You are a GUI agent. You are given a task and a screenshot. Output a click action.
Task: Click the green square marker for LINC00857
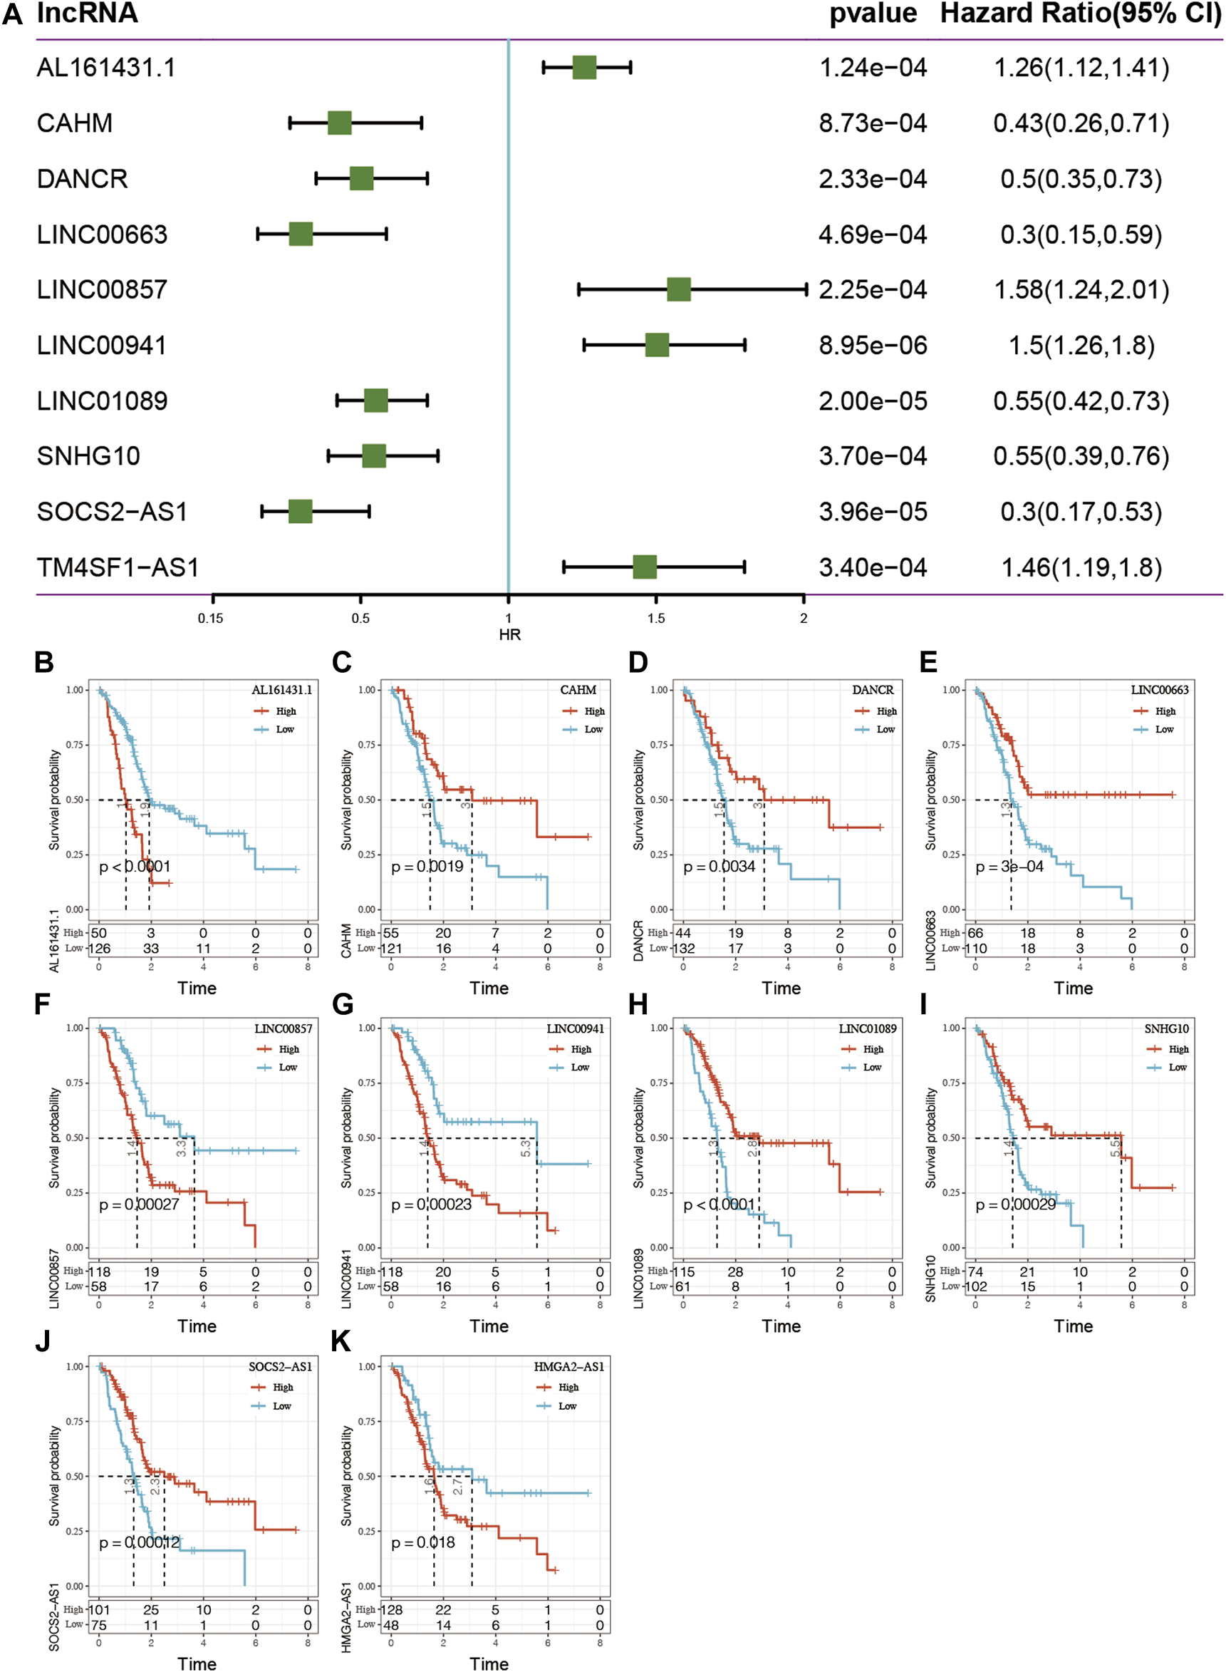click(678, 289)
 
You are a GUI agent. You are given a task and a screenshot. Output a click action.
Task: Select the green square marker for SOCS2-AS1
click(301, 512)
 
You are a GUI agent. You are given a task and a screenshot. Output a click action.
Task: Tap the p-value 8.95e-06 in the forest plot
click(873, 345)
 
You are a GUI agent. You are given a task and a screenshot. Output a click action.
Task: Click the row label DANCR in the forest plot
click(83, 179)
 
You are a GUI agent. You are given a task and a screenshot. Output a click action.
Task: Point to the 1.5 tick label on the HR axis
click(656, 618)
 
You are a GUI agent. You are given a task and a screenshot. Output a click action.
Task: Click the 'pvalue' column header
click(873, 14)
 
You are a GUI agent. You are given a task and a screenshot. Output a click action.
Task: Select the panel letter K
click(341, 1342)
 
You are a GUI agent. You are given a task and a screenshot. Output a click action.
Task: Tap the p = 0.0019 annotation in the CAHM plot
click(427, 867)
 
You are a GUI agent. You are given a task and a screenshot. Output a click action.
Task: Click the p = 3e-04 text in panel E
click(1009, 867)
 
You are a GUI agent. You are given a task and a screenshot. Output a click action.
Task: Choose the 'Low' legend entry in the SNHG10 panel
click(1177, 1067)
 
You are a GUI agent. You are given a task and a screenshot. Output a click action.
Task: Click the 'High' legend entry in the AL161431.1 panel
click(286, 711)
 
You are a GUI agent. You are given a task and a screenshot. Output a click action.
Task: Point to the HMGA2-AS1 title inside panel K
click(568, 1367)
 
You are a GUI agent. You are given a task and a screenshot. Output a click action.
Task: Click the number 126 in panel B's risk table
click(100, 948)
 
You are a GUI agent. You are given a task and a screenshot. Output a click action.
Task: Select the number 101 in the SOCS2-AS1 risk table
click(100, 1609)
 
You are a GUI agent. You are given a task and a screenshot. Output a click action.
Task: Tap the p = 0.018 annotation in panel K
click(423, 1543)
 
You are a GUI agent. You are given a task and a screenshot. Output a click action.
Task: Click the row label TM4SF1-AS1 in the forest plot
click(118, 568)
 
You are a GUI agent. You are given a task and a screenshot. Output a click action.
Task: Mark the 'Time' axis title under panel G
click(489, 1326)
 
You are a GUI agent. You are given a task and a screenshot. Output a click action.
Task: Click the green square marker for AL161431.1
click(584, 68)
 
